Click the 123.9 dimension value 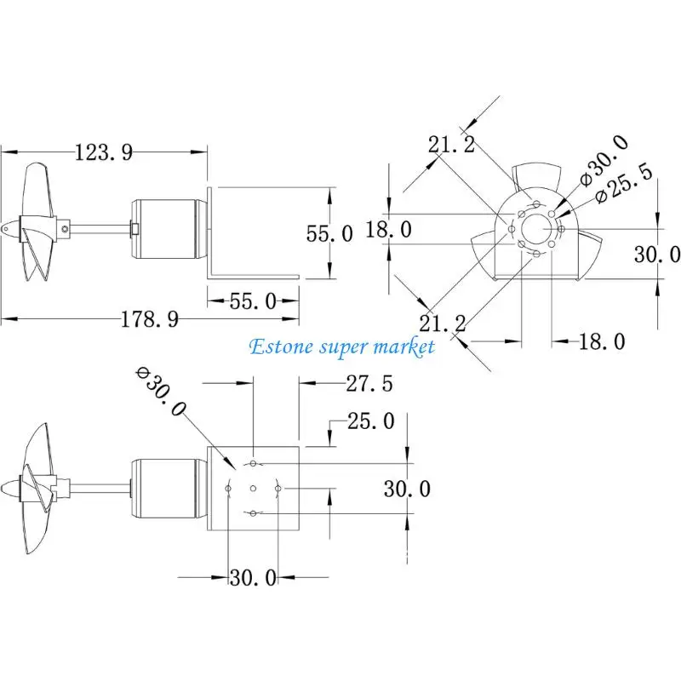(105, 153)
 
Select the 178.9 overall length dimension (150, 319)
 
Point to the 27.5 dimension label (369, 384)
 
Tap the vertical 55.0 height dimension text (329, 233)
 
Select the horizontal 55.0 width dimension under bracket (253, 300)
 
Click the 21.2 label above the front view (451, 145)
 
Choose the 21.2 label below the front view (443, 323)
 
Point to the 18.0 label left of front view (388, 229)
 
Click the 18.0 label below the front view (602, 341)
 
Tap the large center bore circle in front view (536, 229)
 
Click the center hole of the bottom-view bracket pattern (254, 488)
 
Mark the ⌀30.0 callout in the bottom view (162, 392)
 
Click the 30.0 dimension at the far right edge (658, 254)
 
